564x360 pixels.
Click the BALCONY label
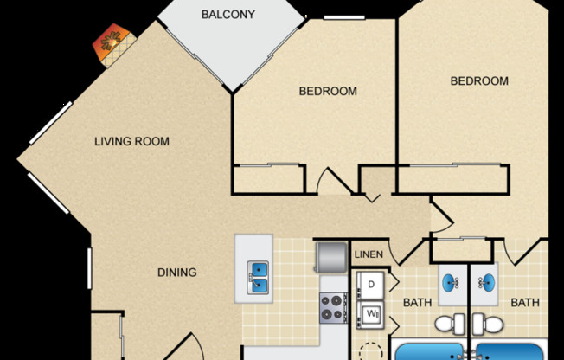(228, 14)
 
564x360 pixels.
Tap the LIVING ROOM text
(131, 141)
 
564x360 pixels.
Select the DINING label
(176, 273)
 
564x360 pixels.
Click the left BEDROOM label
(328, 91)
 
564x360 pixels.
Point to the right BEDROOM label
(479, 80)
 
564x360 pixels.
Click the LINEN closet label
(369, 254)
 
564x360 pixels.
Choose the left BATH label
(417, 302)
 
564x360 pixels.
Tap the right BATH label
(524, 302)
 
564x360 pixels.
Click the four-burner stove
(333, 306)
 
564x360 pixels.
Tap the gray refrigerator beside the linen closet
(331, 256)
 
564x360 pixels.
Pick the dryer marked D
(370, 285)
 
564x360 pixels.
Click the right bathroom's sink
(488, 283)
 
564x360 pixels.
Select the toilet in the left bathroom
(446, 324)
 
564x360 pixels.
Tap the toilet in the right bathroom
(490, 324)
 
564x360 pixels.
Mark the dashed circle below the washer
(371, 350)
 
